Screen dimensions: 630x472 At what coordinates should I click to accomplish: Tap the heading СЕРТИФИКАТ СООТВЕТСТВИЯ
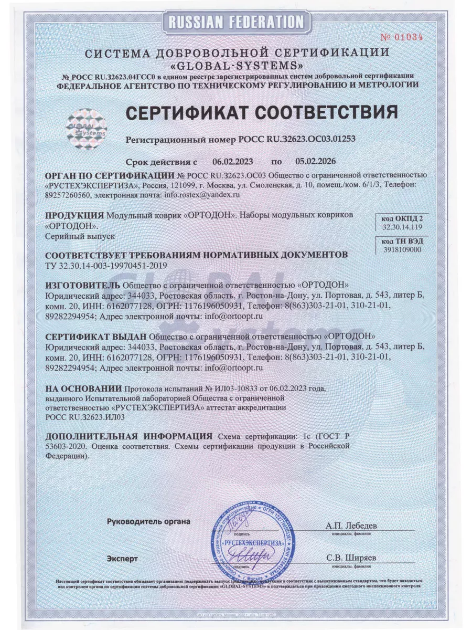pos(260,112)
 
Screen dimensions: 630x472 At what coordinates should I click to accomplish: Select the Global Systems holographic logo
pos(87,128)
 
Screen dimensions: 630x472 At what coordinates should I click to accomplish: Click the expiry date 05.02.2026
pos(315,161)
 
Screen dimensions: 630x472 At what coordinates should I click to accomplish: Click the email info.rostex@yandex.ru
pos(202,194)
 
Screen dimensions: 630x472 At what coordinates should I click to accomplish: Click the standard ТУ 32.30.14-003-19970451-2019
pos(106,265)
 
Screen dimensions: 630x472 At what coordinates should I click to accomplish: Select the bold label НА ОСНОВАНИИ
pos(82,388)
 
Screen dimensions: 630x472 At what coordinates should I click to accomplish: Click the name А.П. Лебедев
pos(351,525)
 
